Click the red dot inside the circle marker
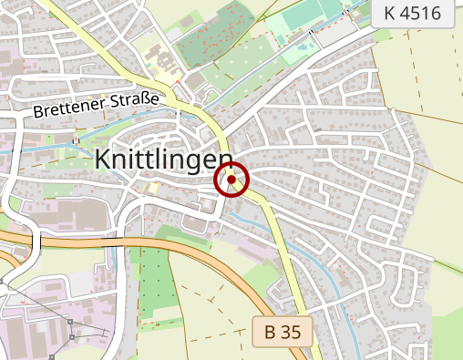click(x=231, y=180)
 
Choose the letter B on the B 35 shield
click(x=270, y=332)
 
